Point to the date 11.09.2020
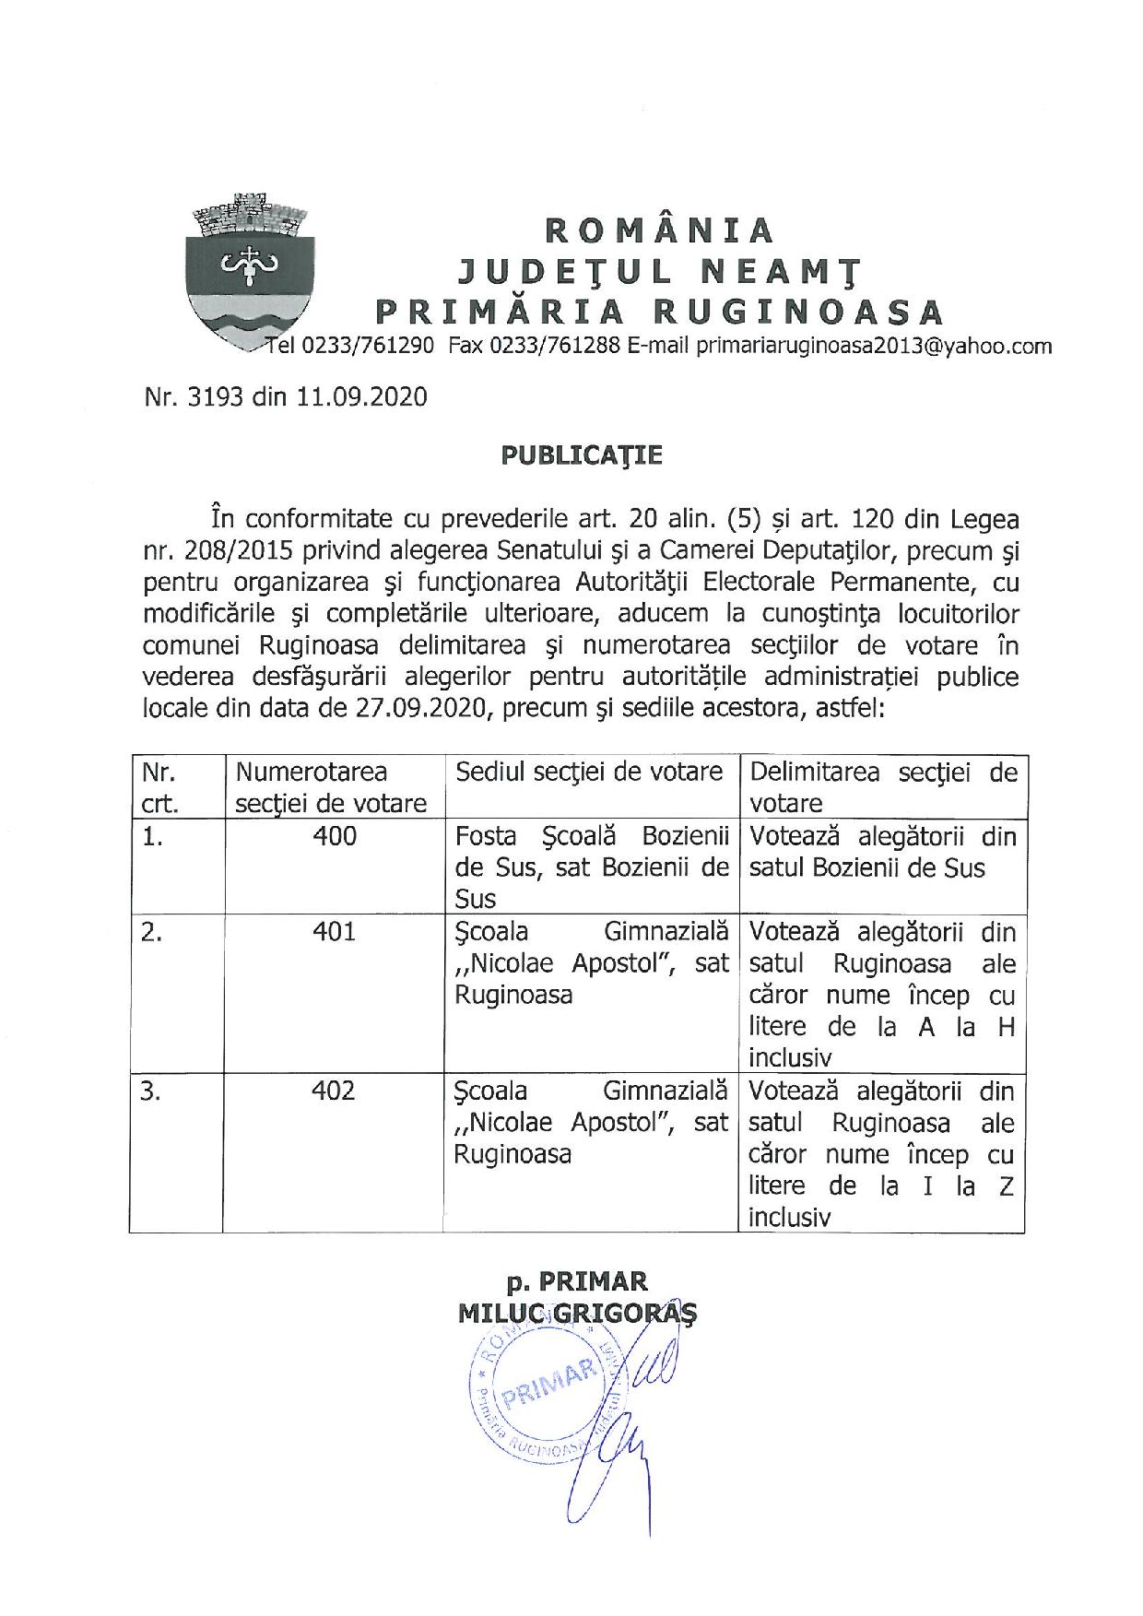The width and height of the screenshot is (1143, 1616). click(x=362, y=397)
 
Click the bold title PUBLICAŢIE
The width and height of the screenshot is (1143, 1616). click(x=581, y=455)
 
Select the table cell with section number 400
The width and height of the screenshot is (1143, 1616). click(x=334, y=837)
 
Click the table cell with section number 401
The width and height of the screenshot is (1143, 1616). click(x=334, y=933)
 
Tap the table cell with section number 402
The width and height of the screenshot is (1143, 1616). click(x=334, y=1091)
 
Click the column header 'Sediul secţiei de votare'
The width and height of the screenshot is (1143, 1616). click(x=590, y=773)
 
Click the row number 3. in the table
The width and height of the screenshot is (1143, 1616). click(x=152, y=1091)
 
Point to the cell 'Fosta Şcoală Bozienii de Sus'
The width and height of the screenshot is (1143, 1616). click(x=592, y=867)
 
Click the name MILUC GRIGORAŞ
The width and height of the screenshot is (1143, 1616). click(x=577, y=1312)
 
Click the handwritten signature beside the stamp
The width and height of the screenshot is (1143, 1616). click(x=636, y=1420)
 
